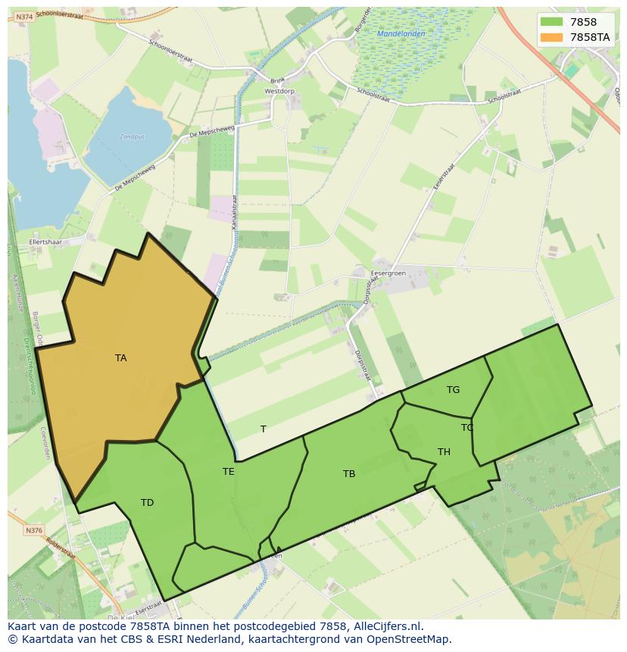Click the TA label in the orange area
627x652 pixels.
pyautogui.click(x=121, y=358)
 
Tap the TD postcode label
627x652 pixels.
pyautogui.click(x=147, y=503)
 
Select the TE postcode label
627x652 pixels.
pyautogui.click(x=228, y=472)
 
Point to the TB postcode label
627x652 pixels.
pyautogui.click(x=348, y=474)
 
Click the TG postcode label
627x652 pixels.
pyautogui.click(x=453, y=390)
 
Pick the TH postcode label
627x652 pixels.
pyautogui.click(x=444, y=452)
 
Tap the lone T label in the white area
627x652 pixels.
pyautogui.click(x=264, y=429)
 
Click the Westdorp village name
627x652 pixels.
pyautogui.click(x=279, y=91)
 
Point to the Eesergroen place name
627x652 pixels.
pyautogui.click(x=388, y=273)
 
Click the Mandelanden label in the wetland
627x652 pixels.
pyautogui.click(x=401, y=34)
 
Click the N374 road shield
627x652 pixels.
pyautogui.click(x=24, y=17)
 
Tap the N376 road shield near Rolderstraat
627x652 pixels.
pyautogui.click(x=34, y=531)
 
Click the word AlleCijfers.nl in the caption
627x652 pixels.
pyautogui.click(x=388, y=626)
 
